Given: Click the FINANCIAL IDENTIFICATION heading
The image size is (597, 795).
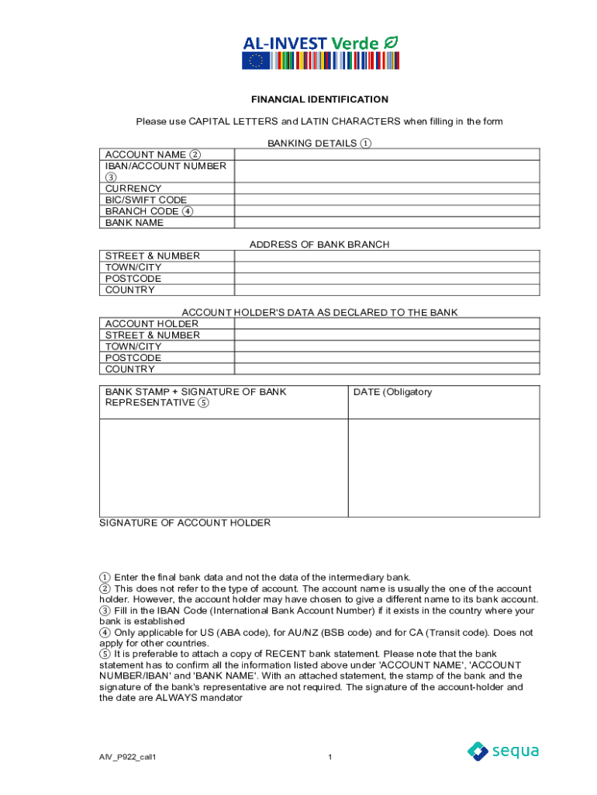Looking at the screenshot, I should coord(319,99).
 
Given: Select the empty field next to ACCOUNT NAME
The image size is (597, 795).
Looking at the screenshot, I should coord(387,154).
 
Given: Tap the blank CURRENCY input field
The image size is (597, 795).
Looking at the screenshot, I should coord(387,189).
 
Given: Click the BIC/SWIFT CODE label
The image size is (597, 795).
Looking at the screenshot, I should coord(146,200).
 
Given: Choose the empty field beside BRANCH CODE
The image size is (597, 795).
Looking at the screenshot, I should coord(387,211).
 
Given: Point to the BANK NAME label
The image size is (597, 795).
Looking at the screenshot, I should coord(134,223).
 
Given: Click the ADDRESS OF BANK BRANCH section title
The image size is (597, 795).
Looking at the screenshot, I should coord(319,245).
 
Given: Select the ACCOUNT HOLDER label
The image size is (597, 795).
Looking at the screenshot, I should coord(151,324).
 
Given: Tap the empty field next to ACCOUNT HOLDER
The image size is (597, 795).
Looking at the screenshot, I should coord(387,324).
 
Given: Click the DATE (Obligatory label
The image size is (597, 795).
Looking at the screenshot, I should coord(392,392).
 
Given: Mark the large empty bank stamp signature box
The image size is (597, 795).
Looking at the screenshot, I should coord(223,467).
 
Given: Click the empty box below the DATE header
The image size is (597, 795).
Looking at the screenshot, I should coord(443,467).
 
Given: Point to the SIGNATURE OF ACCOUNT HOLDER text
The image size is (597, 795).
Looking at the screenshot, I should coord(185,523).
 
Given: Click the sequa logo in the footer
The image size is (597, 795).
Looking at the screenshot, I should coord(502,751).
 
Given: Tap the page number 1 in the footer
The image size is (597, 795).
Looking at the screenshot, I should coord(330,757).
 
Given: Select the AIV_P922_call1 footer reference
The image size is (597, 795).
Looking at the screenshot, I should coord(133,757).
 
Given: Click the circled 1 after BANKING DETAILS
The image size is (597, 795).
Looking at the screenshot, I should coord(366,144).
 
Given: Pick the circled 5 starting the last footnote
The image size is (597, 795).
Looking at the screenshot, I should coord(105,654).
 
